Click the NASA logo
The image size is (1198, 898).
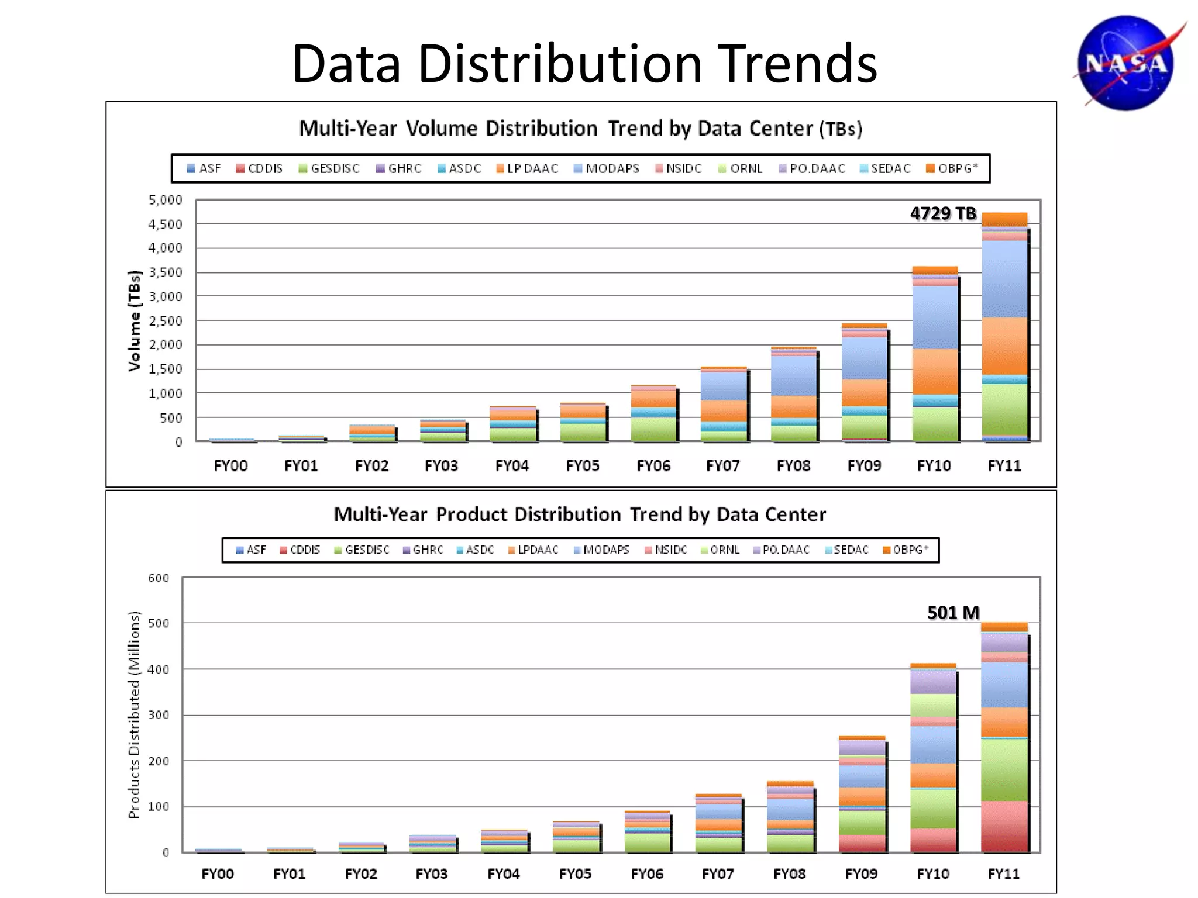(1126, 63)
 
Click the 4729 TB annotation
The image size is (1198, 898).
(943, 213)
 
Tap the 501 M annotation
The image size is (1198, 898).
(953, 612)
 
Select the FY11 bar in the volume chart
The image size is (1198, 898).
(1004, 327)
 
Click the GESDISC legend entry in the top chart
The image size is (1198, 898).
(329, 168)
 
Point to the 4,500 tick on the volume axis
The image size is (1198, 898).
(165, 224)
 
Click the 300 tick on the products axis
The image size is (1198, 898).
(158, 715)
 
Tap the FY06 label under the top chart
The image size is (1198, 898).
(653, 466)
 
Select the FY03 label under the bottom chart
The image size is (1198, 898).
(432, 873)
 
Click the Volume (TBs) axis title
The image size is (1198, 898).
(135, 321)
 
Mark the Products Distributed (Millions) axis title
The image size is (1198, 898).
(134, 714)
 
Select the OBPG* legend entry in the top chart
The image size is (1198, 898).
(952, 168)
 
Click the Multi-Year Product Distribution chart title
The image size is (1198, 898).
(580, 514)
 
